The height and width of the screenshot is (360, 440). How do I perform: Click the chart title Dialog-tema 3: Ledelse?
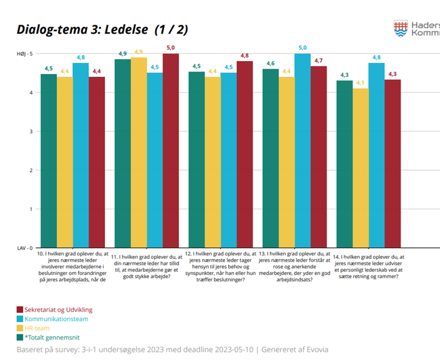pos(102,29)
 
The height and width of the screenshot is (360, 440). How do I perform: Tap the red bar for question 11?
pos(171,150)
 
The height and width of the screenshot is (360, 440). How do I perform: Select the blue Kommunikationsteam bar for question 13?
pos(302,150)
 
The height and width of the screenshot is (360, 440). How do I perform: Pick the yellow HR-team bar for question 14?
pos(360,167)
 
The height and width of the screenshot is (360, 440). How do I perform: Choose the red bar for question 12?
pos(245,154)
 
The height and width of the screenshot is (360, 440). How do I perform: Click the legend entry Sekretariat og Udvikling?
pos(54,309)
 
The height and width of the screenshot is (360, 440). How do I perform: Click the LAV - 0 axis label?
pos(24,248)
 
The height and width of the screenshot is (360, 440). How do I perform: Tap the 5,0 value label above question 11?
pos(171,48)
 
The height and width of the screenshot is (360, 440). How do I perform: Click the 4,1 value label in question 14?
pos(360,83)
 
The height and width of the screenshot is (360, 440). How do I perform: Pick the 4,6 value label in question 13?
pos(270,63)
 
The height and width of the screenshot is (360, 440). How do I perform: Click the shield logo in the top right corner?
pos(401,28)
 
